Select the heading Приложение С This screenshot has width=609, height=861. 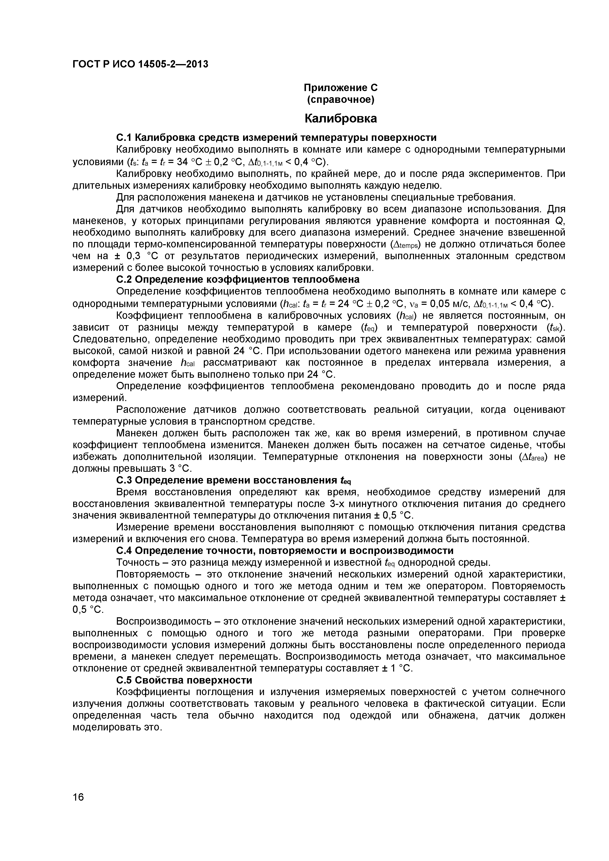point(340,88)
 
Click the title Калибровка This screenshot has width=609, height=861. point(340,119)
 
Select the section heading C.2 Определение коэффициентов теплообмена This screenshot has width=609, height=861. point(238,279)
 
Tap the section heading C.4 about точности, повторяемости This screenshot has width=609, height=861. point(285,551)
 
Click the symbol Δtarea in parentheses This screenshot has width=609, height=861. point(533,457)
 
